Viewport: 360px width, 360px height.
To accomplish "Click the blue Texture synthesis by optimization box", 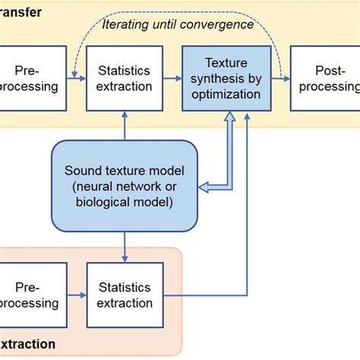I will [226, 78].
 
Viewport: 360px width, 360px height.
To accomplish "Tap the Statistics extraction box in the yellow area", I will [124, 78].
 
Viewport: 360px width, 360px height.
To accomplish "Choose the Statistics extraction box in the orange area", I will [124, 294].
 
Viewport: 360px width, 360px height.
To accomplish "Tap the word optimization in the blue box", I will [226, 95].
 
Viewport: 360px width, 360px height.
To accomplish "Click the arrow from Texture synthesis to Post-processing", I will [280, 78].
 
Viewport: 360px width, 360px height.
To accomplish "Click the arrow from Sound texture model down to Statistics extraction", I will [124, 247].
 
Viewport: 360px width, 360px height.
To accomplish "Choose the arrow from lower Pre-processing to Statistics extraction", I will [74, 294].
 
